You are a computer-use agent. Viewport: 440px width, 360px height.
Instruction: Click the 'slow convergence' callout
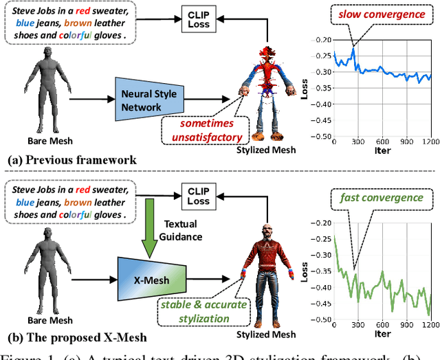(x=371, y=12)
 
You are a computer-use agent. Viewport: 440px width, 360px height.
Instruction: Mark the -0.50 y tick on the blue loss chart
(x=319, y=135)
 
